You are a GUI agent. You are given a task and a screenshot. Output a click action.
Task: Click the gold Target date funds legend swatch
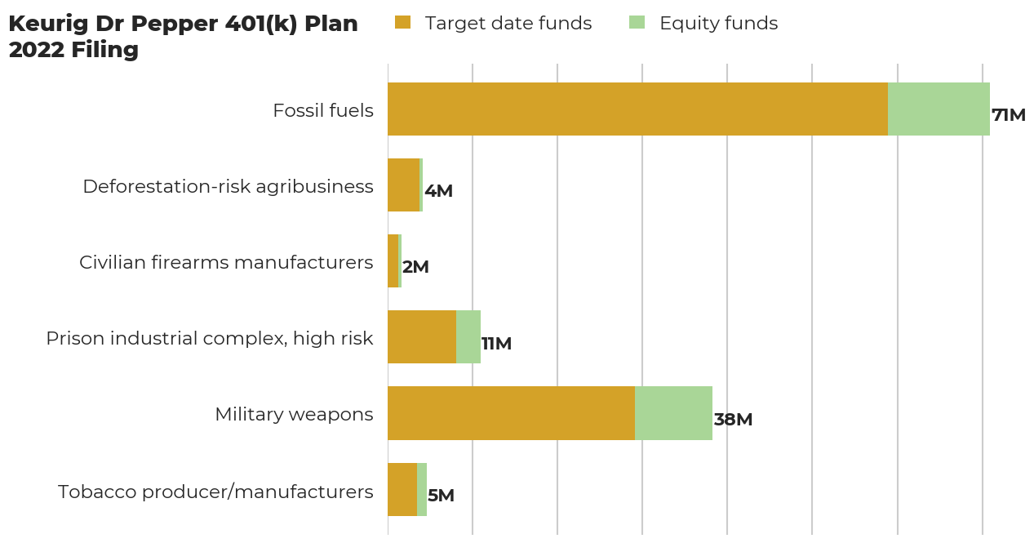tap(402, 22)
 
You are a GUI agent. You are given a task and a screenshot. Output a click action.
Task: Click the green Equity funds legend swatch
tap(637, 22)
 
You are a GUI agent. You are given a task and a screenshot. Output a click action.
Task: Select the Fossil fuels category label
tap(323, 111)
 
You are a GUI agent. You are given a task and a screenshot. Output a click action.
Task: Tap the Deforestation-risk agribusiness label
tap(228, 186)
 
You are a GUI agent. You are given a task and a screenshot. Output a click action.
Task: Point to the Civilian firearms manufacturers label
tap(226, 262)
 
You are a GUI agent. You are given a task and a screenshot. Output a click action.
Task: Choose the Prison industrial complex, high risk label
tap(210, 338)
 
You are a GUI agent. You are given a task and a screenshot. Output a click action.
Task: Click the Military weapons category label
tap(294, 415)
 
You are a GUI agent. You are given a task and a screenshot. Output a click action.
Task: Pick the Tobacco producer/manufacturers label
tap(215, 492)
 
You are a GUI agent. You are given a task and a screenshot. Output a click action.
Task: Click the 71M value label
tap(1009, 115)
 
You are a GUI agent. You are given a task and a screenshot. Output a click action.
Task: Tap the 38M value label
tap(733, 419)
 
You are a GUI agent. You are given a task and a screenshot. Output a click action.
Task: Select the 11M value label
tap(496, 344)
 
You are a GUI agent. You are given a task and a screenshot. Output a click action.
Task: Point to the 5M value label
tap(441, 496)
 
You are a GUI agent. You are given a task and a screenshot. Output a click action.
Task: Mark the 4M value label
tap(438, 191)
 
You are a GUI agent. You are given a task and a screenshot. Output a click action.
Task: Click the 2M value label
tap(415, 267)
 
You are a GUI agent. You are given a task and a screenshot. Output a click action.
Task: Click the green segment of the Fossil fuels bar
tap(939, 109)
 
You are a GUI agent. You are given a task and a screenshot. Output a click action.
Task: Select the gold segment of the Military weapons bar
tap(512, 413)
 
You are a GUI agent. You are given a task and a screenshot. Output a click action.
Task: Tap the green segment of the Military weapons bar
tap(673, 413)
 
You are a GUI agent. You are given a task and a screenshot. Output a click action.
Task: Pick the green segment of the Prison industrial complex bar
tap(468, 336)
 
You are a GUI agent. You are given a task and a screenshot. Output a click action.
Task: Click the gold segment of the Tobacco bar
tap(402, 489)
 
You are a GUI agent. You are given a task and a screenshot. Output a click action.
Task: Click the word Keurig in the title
tap(48, 24)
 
